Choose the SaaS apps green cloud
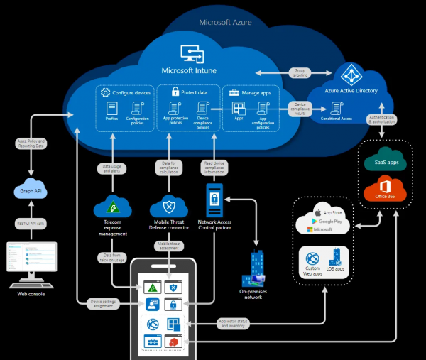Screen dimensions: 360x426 coord(384,160)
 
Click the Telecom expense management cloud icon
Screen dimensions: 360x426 coord(113,207)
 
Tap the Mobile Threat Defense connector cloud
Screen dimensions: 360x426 coord(169,207)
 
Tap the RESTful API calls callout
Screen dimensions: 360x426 coord(30,222)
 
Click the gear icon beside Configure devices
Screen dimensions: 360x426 coord(105,92)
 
